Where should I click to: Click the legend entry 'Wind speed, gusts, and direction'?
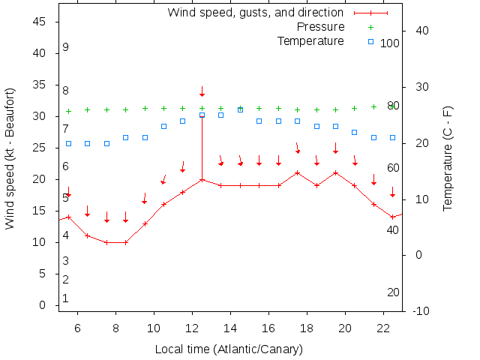(x=255, y=13)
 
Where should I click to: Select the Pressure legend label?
(x=321, y=27)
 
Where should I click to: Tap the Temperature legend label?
(x=310, y=40)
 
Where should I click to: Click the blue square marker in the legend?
(x=371, y=41)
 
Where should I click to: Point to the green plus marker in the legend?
(x=371, y=27)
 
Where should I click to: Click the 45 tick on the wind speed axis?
(x=40, y=22)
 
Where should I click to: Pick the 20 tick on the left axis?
(x=40, y=180)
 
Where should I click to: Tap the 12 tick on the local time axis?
(x=192, y=328)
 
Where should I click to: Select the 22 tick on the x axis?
(x=383, y=328)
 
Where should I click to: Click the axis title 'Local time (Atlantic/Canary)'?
(x=228, y=349)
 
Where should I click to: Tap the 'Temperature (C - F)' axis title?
(x=448, y=158)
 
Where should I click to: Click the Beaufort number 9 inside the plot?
(x=66, y=47)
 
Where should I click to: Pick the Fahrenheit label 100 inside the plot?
(x=390, y=43)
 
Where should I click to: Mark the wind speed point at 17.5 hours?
(x=298, y=173)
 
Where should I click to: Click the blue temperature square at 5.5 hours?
(x=68, y=143)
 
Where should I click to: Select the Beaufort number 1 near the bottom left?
(x=66, y=298)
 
